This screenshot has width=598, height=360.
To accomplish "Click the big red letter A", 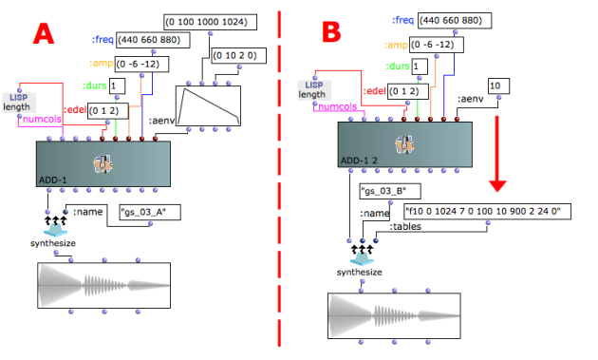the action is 44,33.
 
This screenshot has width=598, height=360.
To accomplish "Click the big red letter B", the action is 331,31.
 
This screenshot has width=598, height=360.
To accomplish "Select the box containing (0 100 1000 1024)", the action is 210,22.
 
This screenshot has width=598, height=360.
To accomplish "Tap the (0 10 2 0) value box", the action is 239,56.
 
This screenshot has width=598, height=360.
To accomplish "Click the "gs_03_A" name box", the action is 150,212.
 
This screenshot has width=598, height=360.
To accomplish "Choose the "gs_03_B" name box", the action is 390,191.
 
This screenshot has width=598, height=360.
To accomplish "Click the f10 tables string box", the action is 487,212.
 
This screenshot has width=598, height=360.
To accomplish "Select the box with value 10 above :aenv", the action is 498,85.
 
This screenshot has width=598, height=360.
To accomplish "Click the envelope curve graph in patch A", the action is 208,105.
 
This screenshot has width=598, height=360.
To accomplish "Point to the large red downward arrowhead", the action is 497,186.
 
